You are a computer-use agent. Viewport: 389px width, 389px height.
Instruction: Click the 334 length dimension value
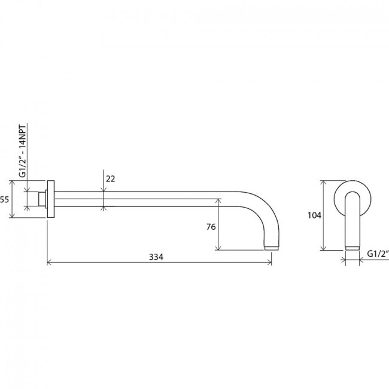tap(156, 257)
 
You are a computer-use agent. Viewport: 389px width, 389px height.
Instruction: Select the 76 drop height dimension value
tap(211, 227)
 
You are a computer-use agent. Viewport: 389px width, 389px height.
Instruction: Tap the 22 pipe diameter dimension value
tap(110, 178)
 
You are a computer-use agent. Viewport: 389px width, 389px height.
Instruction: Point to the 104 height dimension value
tap(314, 215)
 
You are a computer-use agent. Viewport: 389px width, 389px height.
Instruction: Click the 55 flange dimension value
tap(4, 199)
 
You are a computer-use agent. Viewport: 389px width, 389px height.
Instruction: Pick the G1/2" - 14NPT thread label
tap(22, 151)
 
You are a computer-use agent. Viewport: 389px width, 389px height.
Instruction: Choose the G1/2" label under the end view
tap(378, 254)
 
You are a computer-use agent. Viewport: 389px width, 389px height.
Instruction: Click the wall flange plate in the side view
tap(51, 199)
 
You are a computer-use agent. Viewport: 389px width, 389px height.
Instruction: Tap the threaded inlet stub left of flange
tap(42, 199)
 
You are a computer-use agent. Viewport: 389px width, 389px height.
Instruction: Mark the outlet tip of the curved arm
tap(272, 248)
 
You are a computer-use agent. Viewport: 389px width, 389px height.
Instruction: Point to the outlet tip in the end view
tap(352, 248)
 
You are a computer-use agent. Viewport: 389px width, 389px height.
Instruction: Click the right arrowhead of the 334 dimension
tap(270, 262)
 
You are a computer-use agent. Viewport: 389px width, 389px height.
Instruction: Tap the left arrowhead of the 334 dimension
tap(49, 262)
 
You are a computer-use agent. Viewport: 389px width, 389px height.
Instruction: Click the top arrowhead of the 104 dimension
tap(323, 183)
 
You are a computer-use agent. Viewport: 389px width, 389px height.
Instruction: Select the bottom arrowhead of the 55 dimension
tap(12, 215)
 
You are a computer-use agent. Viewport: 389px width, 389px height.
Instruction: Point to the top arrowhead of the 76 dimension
tap(218, 201)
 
